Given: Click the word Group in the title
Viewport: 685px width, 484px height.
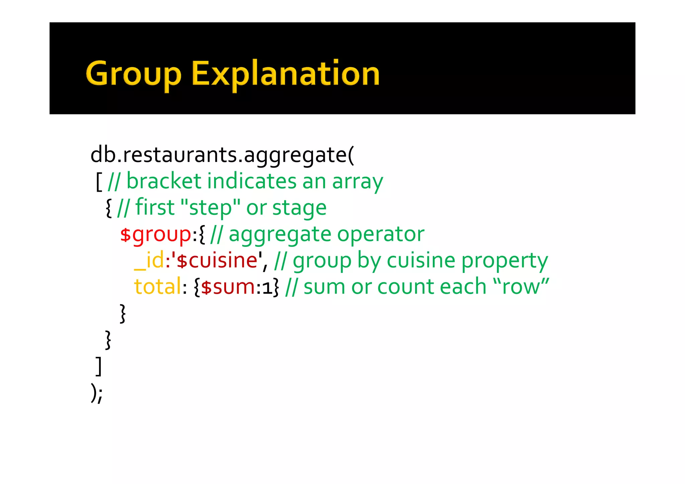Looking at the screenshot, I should [133, 74].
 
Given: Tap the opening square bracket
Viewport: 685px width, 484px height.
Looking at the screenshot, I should [99, 182].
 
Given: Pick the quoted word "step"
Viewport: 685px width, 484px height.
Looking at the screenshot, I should [210, 207].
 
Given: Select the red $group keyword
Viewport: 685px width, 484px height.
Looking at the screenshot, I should [156, 234].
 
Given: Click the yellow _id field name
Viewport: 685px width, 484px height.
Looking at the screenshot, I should [149, 261].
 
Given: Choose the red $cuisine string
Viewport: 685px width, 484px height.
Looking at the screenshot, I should [217, 261].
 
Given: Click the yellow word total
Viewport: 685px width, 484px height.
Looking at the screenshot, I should [158, 287].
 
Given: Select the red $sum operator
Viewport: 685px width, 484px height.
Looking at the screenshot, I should [228, 287].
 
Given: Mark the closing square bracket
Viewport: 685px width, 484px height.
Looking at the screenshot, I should [98, 366].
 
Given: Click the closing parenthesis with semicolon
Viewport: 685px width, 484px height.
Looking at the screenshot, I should [96, 393].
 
